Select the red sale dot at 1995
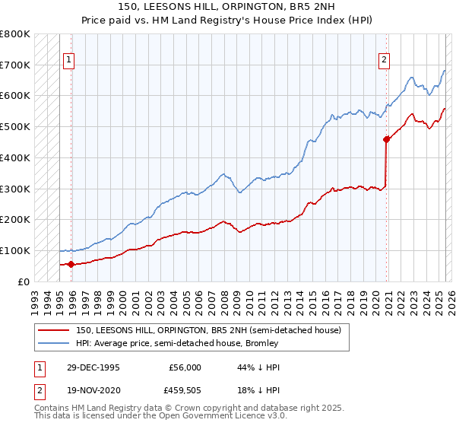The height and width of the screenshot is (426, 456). click(x=71, y=264)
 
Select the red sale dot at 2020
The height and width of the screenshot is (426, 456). click(x=386, y=139)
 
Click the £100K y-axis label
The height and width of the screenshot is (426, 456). click(x=15, y=250)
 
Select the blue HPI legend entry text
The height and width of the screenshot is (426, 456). click(x=177, y=343)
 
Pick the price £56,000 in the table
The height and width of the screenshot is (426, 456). click(x=185, y=367)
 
